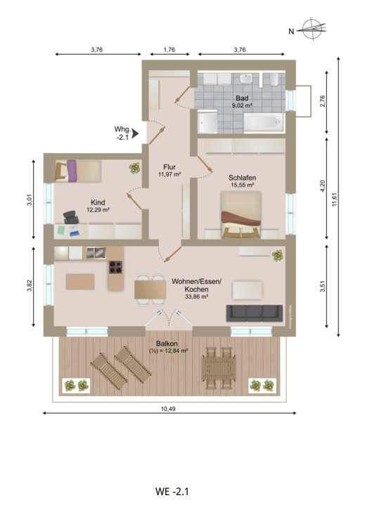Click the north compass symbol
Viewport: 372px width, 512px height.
click(x=310, y=29)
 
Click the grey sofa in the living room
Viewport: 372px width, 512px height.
click(x=255, y=313)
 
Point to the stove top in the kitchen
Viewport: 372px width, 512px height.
click(x=116, y=267)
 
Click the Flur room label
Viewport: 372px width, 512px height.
click(x=169, y=166)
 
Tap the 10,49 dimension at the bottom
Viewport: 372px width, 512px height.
click(x=167, y=408)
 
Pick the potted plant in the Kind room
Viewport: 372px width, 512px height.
click(x=134, y=168)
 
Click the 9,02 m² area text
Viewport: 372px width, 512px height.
click(x=243, y=105)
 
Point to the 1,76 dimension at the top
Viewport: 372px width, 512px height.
click(x=169, y=50)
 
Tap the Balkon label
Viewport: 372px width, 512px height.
click(x=167, y=343)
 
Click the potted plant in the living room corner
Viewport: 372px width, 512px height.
click(x=278, y=255)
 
